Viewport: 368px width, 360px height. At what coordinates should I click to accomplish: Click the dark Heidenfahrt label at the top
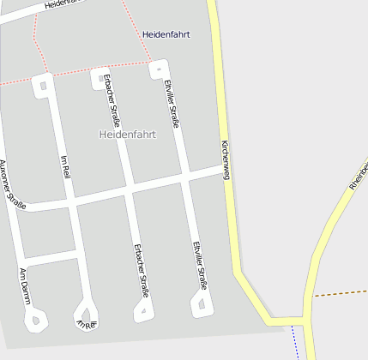(x=166, y=34)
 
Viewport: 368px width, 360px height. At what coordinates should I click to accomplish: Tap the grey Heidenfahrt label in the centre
(x=128, y=135)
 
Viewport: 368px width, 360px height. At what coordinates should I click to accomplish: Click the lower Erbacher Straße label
(x=141, y=270)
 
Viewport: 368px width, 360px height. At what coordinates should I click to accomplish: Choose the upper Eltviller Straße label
(x=172, y=104)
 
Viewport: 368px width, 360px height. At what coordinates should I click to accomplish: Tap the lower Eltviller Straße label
(x=200, y=266)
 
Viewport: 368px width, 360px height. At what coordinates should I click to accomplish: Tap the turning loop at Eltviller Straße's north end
(x=158, y=68)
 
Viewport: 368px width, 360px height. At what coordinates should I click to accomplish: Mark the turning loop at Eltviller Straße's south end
(x=201, y=304)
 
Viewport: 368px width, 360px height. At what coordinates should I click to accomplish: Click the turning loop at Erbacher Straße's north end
(x=99, y=77)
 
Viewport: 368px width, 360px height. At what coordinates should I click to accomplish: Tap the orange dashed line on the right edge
(x=341, y=293)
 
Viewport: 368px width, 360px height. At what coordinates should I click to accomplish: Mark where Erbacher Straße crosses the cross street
(x=129, y=194)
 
